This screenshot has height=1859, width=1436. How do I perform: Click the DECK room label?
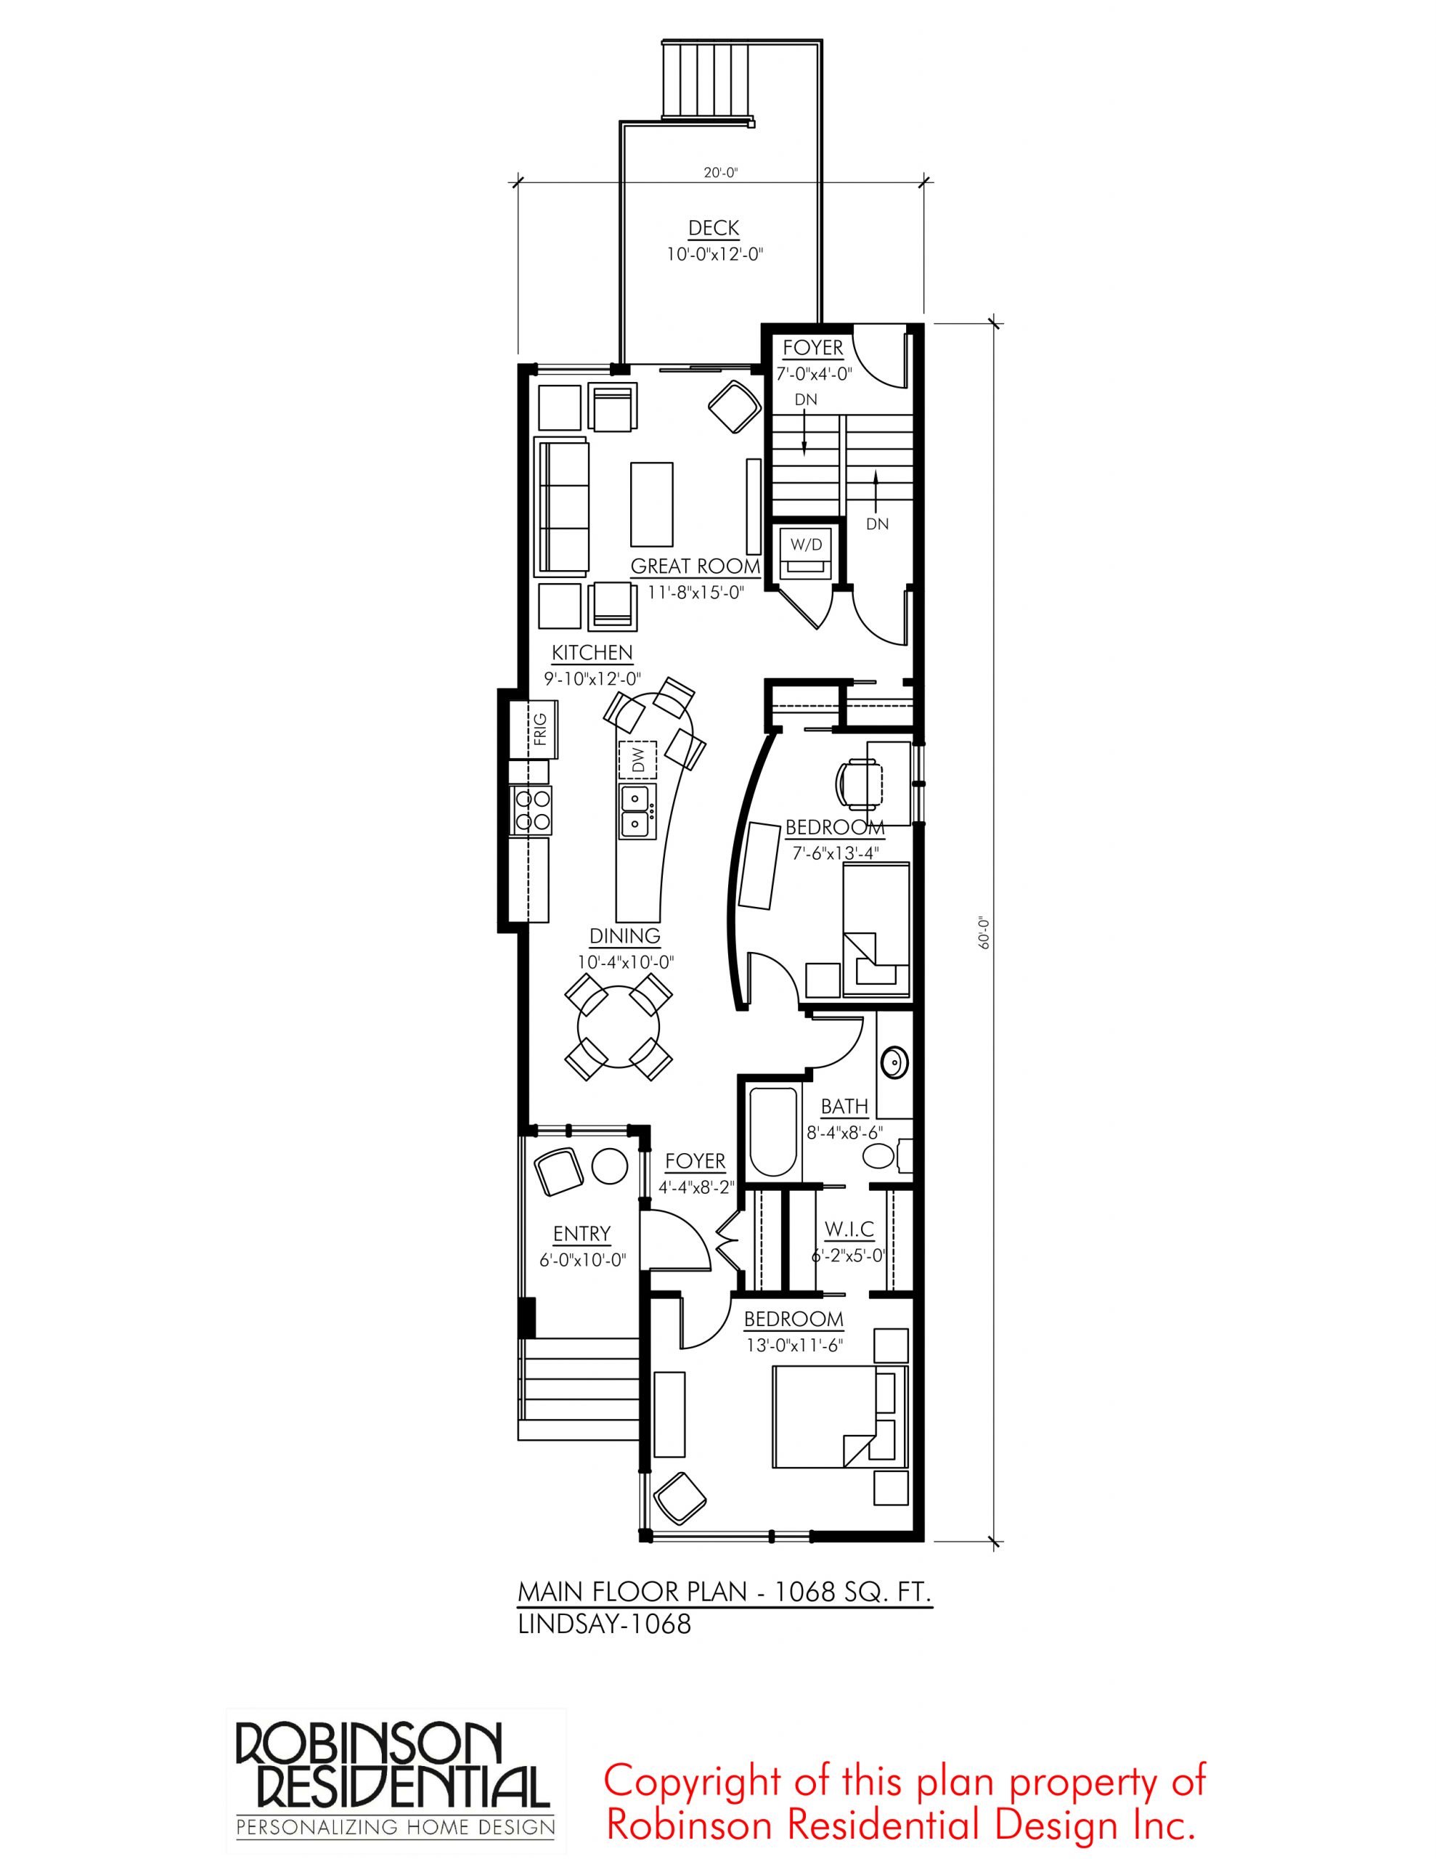click(714, 228)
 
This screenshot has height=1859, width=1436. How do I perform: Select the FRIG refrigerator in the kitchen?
click(534, 730)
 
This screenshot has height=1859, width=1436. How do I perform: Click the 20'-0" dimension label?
click(720, 173)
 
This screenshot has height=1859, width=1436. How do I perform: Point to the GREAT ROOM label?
click(695, 566)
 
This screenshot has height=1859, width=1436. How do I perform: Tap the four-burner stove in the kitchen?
click(530, 810)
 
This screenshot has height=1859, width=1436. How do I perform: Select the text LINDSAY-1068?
click(604, 1624)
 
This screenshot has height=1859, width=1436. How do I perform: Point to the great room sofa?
click(561, 508)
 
